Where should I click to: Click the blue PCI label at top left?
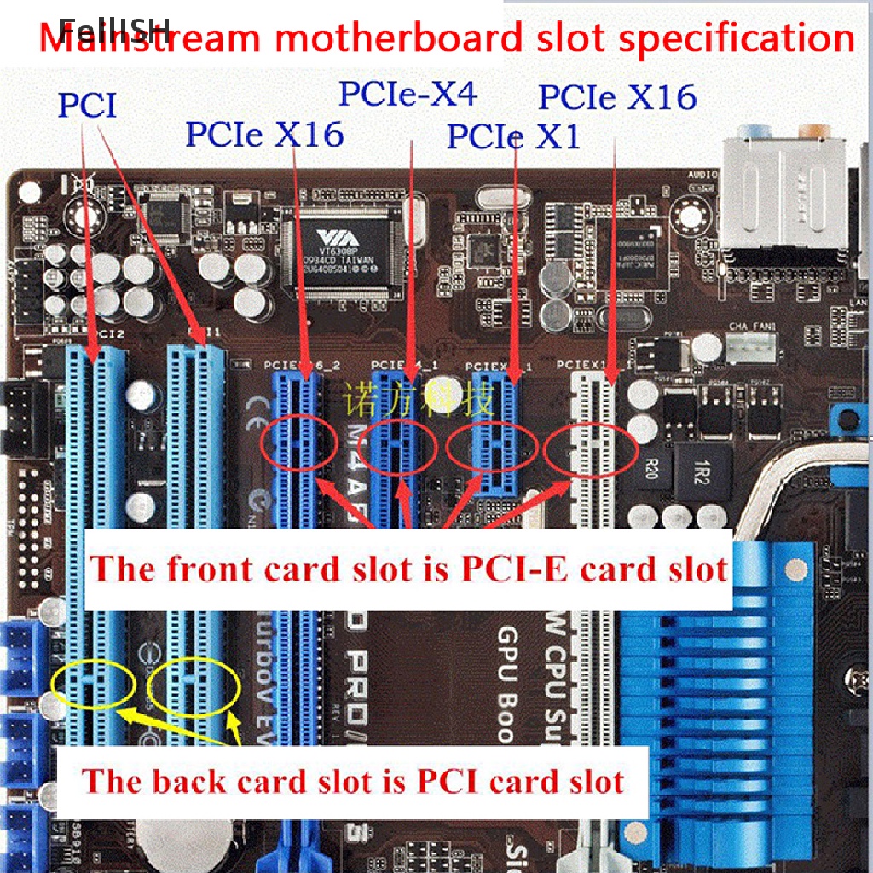point(87,106)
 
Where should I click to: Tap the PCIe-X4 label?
point(408,94)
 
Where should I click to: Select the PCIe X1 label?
point(513,136)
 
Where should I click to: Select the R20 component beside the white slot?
point(652,467)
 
